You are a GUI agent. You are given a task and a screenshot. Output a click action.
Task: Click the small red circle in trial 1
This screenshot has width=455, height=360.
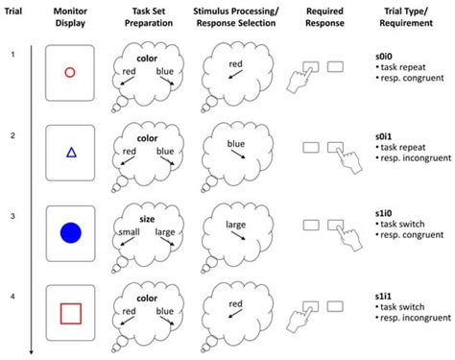click(x=69, y=72)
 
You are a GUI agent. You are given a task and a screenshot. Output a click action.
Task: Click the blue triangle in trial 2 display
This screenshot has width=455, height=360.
click(x=69, y=152)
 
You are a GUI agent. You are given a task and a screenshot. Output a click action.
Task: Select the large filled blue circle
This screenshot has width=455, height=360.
click(x=69, y=232)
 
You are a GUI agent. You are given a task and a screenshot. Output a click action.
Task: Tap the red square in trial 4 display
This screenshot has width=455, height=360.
click(x=69, y=312)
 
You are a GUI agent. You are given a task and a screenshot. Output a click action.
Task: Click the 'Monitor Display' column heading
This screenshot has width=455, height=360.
click(x=69, y=16)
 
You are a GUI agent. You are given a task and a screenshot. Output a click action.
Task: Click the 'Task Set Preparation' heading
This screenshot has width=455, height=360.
click(x=147, y=16)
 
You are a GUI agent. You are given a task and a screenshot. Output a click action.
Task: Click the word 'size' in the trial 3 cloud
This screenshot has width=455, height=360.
click(x=147, y=219)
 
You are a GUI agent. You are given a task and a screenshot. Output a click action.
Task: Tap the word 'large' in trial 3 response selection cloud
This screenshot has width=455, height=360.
click(x=237, y=225)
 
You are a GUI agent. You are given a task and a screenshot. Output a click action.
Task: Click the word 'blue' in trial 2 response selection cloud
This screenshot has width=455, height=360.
click(x=237, y=144)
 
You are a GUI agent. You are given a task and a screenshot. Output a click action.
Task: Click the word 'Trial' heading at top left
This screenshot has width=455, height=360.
click(x=13, y=16)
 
